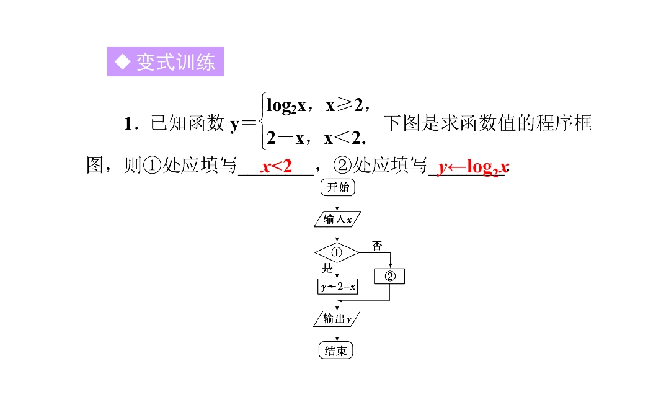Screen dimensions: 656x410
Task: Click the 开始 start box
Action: click(x=338, y=187)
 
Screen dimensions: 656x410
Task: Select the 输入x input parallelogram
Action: click(x=337, y=219)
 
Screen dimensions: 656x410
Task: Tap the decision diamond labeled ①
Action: click(x=337, y=252)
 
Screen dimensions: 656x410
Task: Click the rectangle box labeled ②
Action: click(x=389, y=276)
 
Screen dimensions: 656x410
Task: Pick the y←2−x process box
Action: click(x=338, y=287)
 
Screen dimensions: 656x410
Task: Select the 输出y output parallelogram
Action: click(x=337, y=318)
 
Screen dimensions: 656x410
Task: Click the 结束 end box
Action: click(x=336, y=350)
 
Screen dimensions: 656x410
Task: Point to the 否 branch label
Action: click(x=377, y=246)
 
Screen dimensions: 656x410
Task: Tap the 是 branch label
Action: click(x=327, y=268)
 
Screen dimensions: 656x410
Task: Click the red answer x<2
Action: click(x=276, y=166)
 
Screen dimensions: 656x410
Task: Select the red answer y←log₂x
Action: click(x=473, y=167)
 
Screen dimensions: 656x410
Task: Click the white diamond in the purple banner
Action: click(x=123, y=62)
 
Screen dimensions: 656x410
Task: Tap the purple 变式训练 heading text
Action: click(x=175, y=62)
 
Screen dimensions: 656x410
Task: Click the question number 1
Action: click(x=129, y=124)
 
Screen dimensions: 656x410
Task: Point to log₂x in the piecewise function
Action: click(x=286, y=105)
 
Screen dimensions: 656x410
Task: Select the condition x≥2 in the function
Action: click(x=344, y=105)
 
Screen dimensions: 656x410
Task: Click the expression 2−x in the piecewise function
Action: click(x=286, y=138)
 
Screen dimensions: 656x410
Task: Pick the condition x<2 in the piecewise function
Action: click(x=343, y=138)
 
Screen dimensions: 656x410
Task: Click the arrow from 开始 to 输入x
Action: click(x=337, y=203)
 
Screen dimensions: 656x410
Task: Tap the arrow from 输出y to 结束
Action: click(x=337, y=334)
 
